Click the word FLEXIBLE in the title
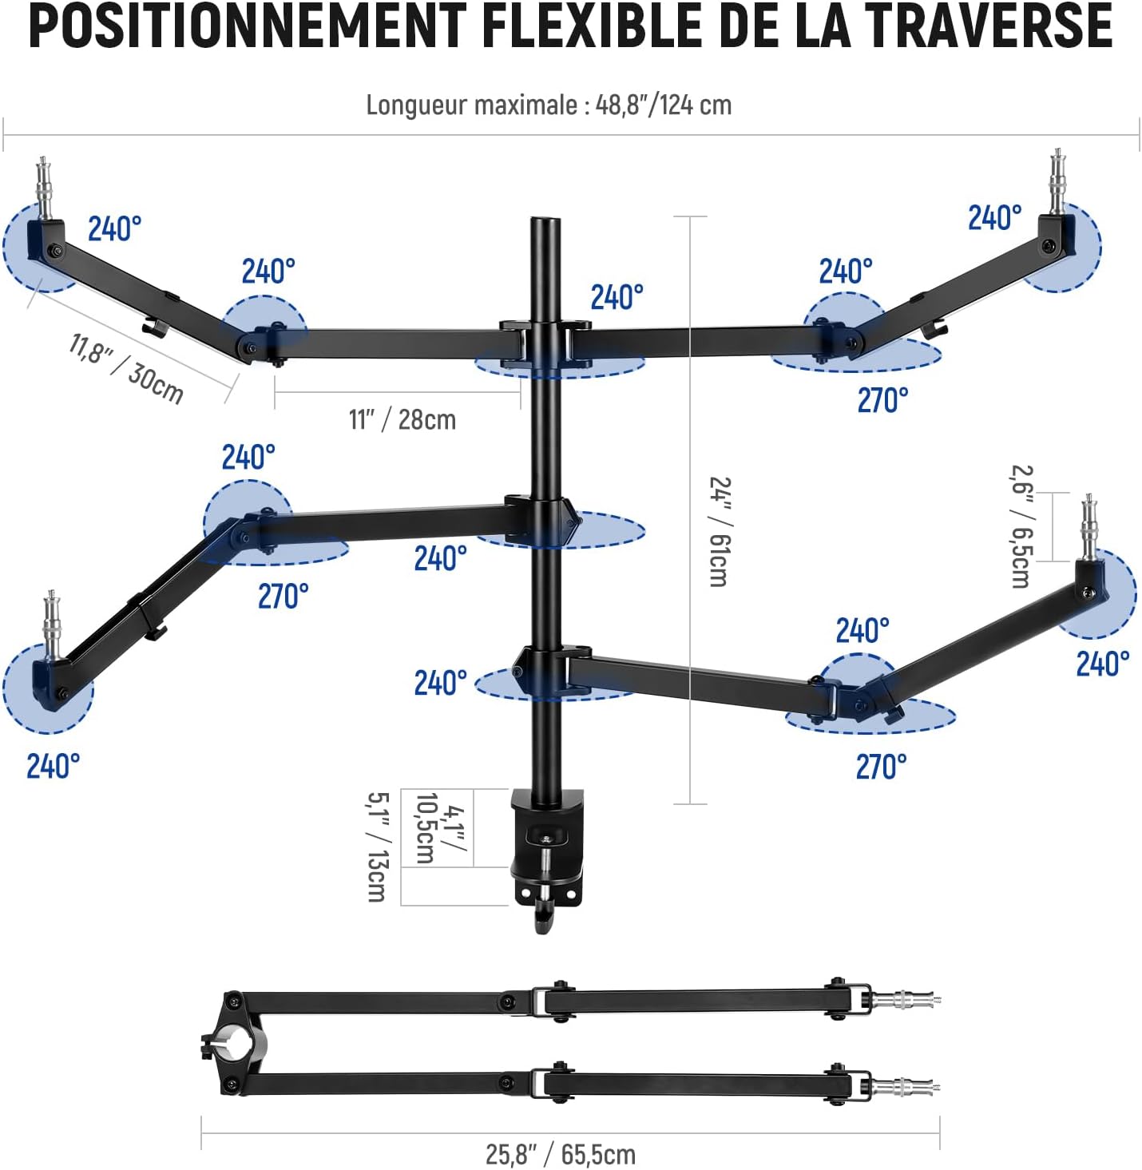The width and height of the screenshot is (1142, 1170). pos(592,26)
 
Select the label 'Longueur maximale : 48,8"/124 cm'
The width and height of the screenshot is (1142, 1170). pos(549,105)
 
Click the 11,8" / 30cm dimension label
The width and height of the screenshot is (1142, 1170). pos(126,369)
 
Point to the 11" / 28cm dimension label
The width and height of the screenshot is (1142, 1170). pos(402,419)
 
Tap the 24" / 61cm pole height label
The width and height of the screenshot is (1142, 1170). pos(720,531)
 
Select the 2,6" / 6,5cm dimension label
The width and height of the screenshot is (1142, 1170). pos(1021,526)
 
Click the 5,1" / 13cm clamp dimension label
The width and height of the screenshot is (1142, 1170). pos(379,847)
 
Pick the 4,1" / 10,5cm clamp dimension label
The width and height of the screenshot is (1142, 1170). pos(439,829)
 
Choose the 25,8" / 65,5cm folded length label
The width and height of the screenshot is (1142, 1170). pos(561,1154)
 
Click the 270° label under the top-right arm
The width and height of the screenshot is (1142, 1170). pos(882,400)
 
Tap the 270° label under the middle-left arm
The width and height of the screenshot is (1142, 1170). pos(284,597)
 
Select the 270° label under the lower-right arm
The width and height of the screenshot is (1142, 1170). pos(881,767)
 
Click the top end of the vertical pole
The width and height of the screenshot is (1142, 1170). pos(546,219)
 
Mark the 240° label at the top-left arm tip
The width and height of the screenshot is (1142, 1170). pos(115,229)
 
